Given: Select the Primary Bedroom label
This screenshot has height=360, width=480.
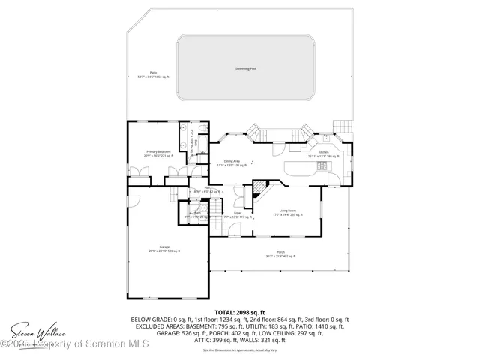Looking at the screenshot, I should [x=158, y=153].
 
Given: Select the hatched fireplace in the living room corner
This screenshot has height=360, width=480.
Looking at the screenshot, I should [x=260, y=188].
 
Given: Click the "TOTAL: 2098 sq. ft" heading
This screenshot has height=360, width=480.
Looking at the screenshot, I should [x=240, y=310].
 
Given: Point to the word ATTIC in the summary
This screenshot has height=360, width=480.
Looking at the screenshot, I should [x=203, y=340].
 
